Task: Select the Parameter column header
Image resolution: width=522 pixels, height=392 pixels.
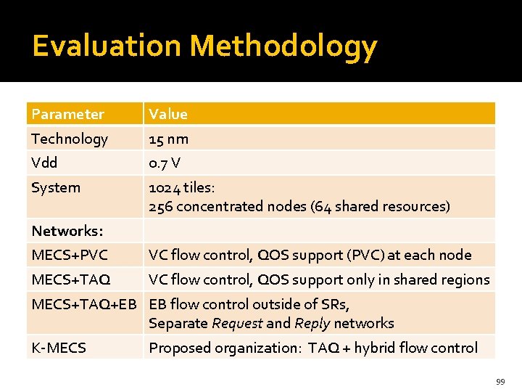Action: [x=67, y=114]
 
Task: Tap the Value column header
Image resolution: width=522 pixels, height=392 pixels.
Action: [x=168, y=114]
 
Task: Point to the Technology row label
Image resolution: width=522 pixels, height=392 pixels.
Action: [x=70, y=139]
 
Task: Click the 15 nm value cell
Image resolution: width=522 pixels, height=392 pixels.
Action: [x=168, y=139]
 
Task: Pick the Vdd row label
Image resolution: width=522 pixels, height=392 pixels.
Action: [x=44, y=163]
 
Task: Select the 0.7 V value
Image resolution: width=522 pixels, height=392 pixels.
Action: [x=165, y=163]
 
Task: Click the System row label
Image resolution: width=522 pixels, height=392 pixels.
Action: [x=56, y=187]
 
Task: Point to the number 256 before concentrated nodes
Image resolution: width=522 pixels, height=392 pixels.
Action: [x=161, y=206]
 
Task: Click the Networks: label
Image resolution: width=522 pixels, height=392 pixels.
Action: [x=67, y=231]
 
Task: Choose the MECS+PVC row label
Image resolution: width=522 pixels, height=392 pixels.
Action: [x=70, y=255]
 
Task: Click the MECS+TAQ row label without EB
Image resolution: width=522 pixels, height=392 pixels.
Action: [x=71, y=279]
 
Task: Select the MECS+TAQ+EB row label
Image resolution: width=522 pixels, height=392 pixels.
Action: [x=84, y=304]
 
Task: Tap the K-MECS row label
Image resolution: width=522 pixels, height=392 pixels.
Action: [x=59, y=348]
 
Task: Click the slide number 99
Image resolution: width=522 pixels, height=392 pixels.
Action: [x=500, y=381]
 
